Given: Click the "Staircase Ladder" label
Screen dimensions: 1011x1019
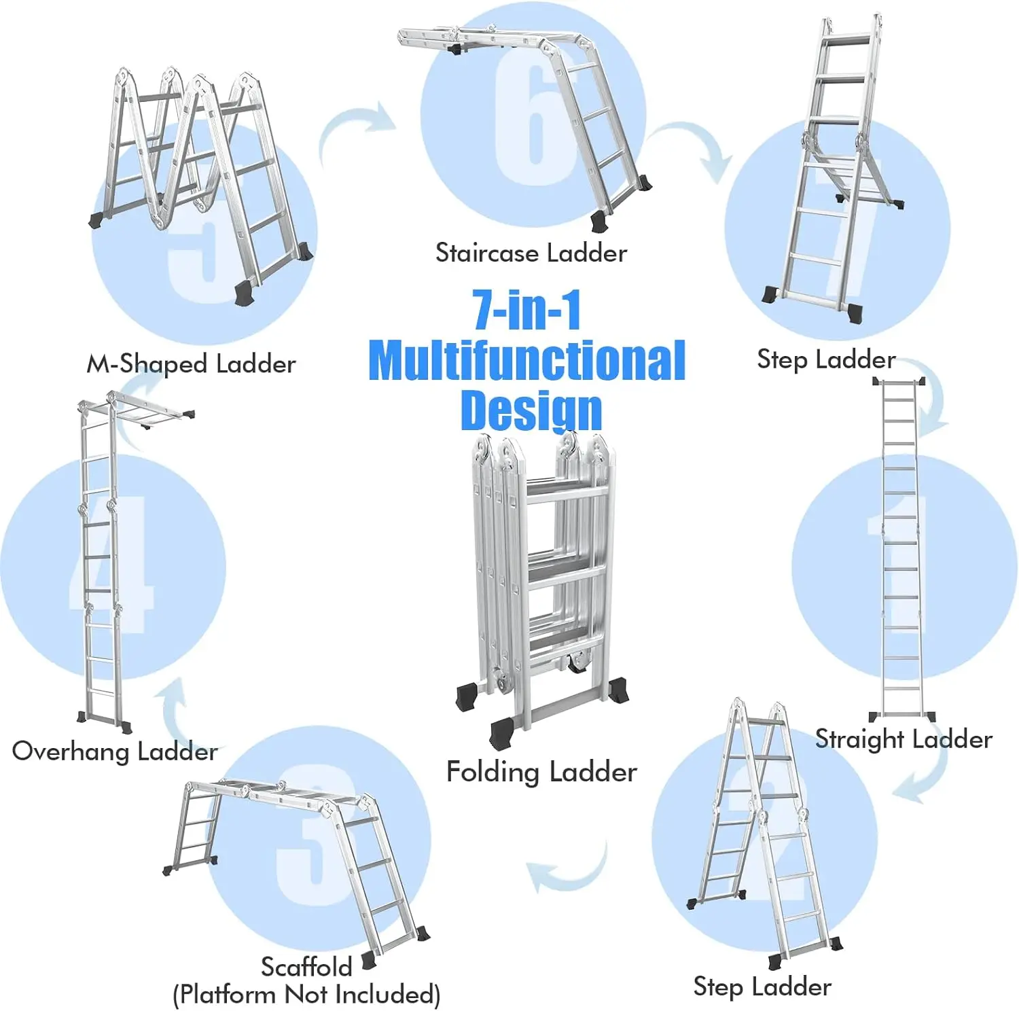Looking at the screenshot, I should (531, 253).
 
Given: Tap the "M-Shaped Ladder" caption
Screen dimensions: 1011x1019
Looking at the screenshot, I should (191, 364).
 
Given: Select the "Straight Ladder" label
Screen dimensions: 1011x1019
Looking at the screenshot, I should (903, 739).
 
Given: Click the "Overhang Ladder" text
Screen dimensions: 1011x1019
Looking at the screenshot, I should (115, 751).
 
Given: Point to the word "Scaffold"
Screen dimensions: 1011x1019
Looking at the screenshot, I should (306, 966).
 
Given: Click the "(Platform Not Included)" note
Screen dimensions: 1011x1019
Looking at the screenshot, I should (306, 994).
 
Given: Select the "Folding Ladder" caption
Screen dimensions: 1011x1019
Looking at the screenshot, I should (541, 772).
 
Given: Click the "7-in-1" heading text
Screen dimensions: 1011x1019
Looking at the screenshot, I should (526, 310).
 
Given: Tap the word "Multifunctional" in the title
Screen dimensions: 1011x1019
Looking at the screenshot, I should (526, 361).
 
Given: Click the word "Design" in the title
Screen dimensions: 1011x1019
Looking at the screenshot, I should (531, 410).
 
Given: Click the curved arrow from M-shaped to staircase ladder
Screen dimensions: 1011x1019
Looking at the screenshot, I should (357, 129).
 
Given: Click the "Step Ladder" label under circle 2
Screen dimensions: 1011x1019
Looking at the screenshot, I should (762, 987).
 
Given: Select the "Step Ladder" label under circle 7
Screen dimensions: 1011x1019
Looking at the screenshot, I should (825, 359).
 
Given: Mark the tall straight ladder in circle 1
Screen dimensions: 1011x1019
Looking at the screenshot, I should (902, 550).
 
